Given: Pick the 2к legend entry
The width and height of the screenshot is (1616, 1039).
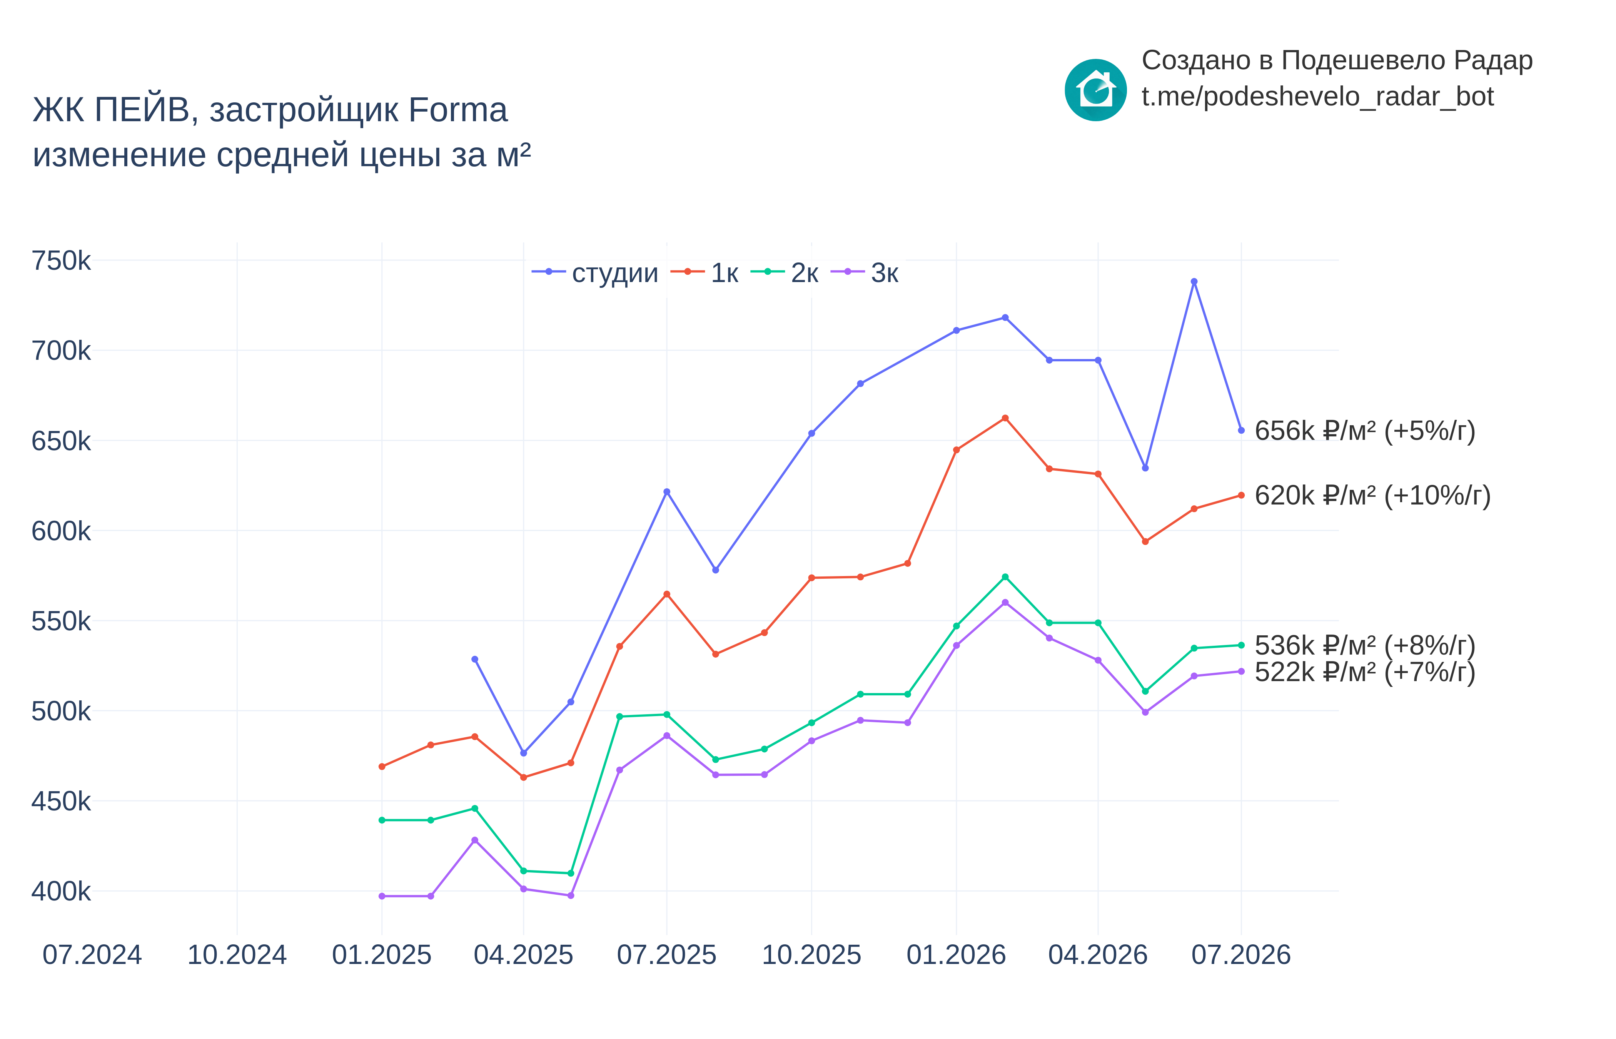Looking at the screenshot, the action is point(785,272).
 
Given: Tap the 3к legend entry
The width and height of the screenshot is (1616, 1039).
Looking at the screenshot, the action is point(865,272).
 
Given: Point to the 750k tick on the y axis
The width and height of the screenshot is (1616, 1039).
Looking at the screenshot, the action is point(61,261).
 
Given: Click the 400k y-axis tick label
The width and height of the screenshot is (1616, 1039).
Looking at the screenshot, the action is point(61,891).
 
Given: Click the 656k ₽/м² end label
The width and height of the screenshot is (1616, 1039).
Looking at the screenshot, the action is point(1364,431).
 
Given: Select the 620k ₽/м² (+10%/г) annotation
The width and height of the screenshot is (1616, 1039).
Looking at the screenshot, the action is point(1372,495).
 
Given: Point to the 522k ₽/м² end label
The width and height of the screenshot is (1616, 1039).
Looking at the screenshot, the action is point(1364,672).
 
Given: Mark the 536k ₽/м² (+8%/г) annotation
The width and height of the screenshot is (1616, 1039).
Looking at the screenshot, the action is point(1364,646).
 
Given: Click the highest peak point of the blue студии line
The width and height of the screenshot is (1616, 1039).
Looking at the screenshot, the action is point(1194,281).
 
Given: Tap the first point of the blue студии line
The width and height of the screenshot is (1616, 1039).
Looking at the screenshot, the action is point(475,659).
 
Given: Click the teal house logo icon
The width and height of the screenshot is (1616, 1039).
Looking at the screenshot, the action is point(1095,90).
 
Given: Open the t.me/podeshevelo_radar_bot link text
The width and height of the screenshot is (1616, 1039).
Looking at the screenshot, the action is point(1317,97).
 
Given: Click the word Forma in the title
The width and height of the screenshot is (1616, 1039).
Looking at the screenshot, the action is point(458,109).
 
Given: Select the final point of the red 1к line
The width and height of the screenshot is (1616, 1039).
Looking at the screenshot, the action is point(1241,495).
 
